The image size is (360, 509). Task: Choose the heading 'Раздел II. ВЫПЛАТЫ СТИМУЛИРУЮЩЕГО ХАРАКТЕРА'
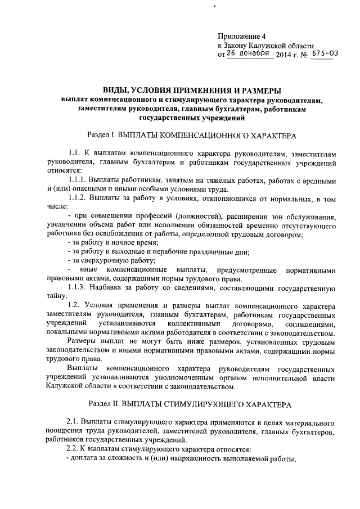[x=190, y=404]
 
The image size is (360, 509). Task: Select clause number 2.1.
[x=74, y=421]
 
